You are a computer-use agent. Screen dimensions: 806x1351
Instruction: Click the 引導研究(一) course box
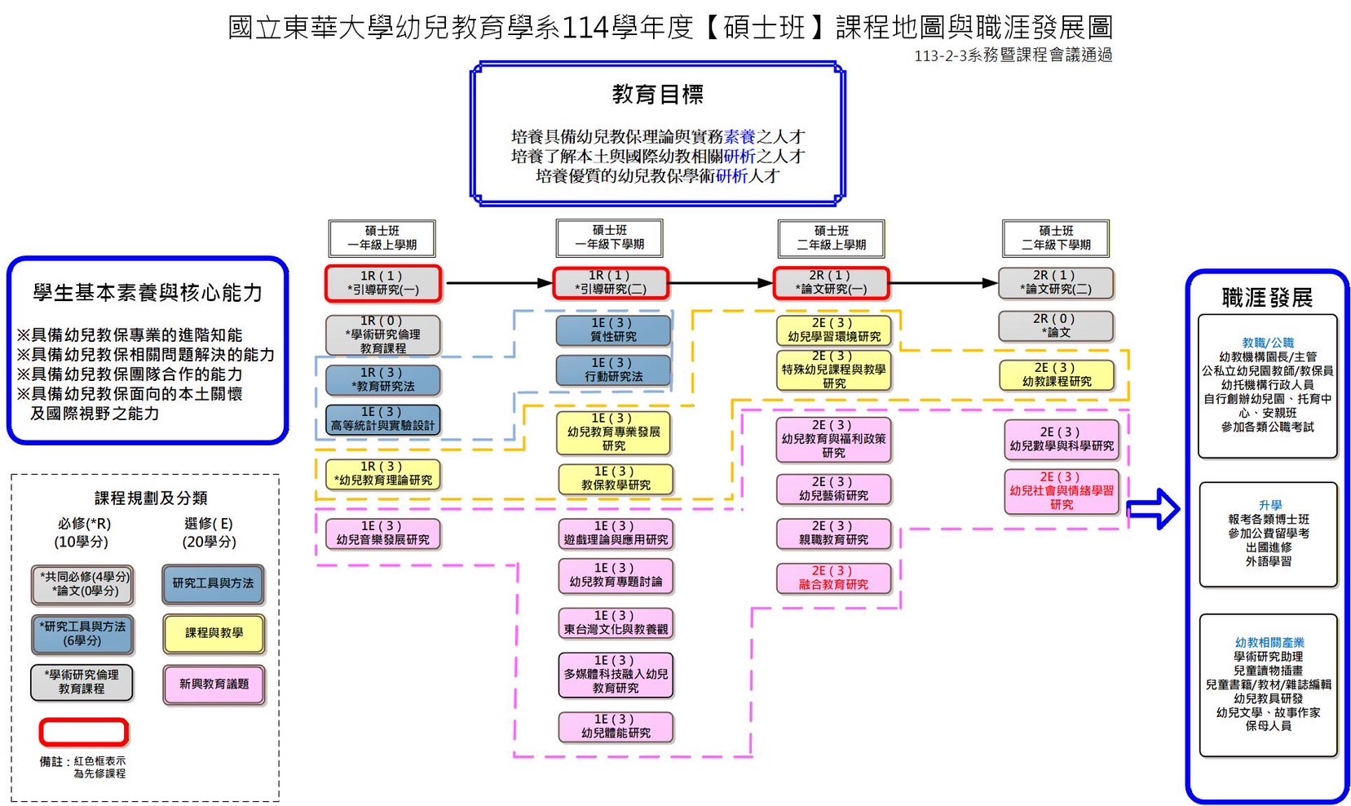(382, 283)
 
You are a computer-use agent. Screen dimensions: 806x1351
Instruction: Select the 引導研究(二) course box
(611, 283)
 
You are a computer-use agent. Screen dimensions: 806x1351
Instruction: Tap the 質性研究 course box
(613, 330)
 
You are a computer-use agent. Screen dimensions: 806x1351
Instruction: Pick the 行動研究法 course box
(613, 370)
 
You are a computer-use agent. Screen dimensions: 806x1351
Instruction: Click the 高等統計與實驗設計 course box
(382, 419)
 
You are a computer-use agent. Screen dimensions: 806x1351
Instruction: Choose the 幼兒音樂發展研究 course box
(382, 534)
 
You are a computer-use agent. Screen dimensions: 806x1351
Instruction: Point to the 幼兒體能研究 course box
(616, 727)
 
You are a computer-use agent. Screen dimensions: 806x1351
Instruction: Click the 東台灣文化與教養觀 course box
(616, 623)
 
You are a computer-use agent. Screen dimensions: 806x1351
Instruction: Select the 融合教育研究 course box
(833, 578)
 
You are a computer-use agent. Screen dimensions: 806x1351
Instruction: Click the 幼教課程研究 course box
(1056, 375)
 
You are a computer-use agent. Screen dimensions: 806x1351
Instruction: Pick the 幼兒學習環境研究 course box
(833, 330)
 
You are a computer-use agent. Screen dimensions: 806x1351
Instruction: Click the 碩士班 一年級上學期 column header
(382, 238)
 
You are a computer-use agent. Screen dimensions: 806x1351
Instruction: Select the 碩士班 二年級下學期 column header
(1056, 238)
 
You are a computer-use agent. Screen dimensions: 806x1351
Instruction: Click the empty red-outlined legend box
(83, 732)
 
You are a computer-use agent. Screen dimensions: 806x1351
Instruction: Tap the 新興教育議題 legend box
(214, 684)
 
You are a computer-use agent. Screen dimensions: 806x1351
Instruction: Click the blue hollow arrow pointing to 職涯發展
(1153, 509)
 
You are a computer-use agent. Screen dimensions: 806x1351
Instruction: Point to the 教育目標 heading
(657, 95)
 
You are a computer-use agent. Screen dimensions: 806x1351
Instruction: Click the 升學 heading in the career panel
(1269, 505)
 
